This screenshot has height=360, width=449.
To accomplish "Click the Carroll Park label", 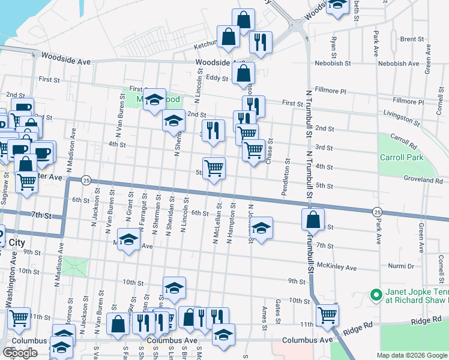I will pyautogui.click(x=402, y=158).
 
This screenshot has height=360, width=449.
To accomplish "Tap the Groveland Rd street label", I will pyautogui.click(x=423, y=179).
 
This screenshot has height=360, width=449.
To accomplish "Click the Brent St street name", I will pyautogui.click(x=412, y=40).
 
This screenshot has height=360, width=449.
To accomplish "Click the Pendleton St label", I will pyautogui.click(x=289, y=177).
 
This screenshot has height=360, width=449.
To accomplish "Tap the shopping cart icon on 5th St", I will pyautogui.click(x=214, y=167).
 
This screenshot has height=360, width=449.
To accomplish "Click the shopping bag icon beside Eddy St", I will pyautogui.click(x=244, y=74).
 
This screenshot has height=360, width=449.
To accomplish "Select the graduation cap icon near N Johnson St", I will pyautogui.click(x=261, y=228).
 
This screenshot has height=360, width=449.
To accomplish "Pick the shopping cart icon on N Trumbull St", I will pyautogui.click(x=327, y=314).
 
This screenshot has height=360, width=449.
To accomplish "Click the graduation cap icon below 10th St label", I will pyautogui.click(x=174, y=288).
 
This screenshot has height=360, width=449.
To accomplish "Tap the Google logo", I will pyautogui.click(x=20, y=353).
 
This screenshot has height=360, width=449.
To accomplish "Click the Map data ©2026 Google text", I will pyautogui.click(x=412, y=355).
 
